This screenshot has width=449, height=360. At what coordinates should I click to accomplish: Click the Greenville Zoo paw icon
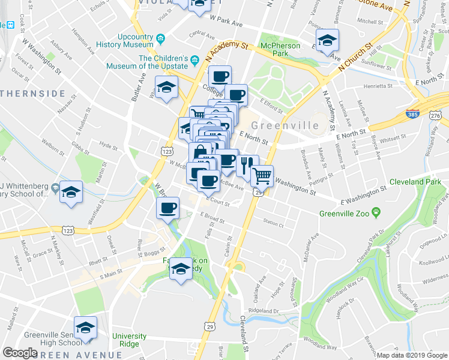click(x=376, y=211)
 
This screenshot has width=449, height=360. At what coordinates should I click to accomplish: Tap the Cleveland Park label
click(x=415, y=181)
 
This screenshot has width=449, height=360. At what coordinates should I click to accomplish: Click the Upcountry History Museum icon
click(x=160, y=40)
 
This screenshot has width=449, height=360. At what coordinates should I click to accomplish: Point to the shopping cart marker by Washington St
click(x=262, y=175)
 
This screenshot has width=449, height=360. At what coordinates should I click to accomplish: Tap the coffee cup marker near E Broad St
click(x=167, y=208)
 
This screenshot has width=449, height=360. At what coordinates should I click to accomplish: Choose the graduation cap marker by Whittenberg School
click(x=71, y=191)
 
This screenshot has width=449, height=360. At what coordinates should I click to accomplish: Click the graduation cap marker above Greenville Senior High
click(x=86, y=327)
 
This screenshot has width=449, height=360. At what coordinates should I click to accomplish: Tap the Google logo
click(x=20, y=353)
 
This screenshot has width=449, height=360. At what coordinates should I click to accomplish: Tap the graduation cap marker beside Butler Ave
click(x=166, y=87)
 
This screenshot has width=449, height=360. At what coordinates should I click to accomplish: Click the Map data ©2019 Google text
click(x=411, y=355)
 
